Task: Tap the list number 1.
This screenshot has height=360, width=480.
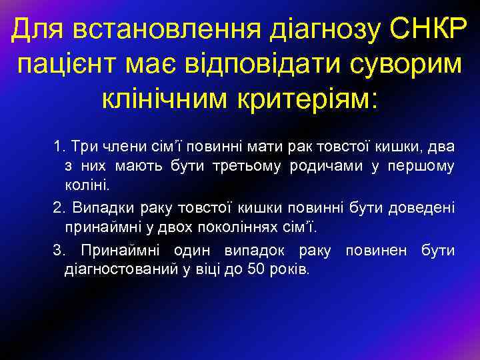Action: click(58, 145)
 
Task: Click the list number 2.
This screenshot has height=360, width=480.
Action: click(58, 208)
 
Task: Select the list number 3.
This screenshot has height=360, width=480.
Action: click(58, 251)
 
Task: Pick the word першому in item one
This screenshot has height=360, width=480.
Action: click(424, 164)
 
